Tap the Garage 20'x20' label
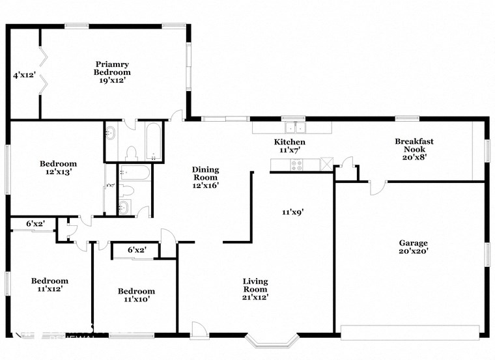(x=413, y=247)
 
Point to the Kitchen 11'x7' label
(x=289, y=146)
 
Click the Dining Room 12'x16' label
(x=205, y=177)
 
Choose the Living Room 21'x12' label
(x=255, y=289)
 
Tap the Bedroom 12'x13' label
(x=59, y=168)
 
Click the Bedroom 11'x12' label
(x=50, y=284)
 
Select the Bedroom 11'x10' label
(x=136, y=295)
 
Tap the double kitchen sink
(x=294, y=126)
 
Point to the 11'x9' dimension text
(x=293, y=212)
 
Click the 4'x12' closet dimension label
(x=24, y=76)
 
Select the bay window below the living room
(x=273, y=340)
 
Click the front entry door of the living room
(x=199, y=330)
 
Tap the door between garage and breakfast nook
(x=377, y=187)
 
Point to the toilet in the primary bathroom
(x=131, y=154)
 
